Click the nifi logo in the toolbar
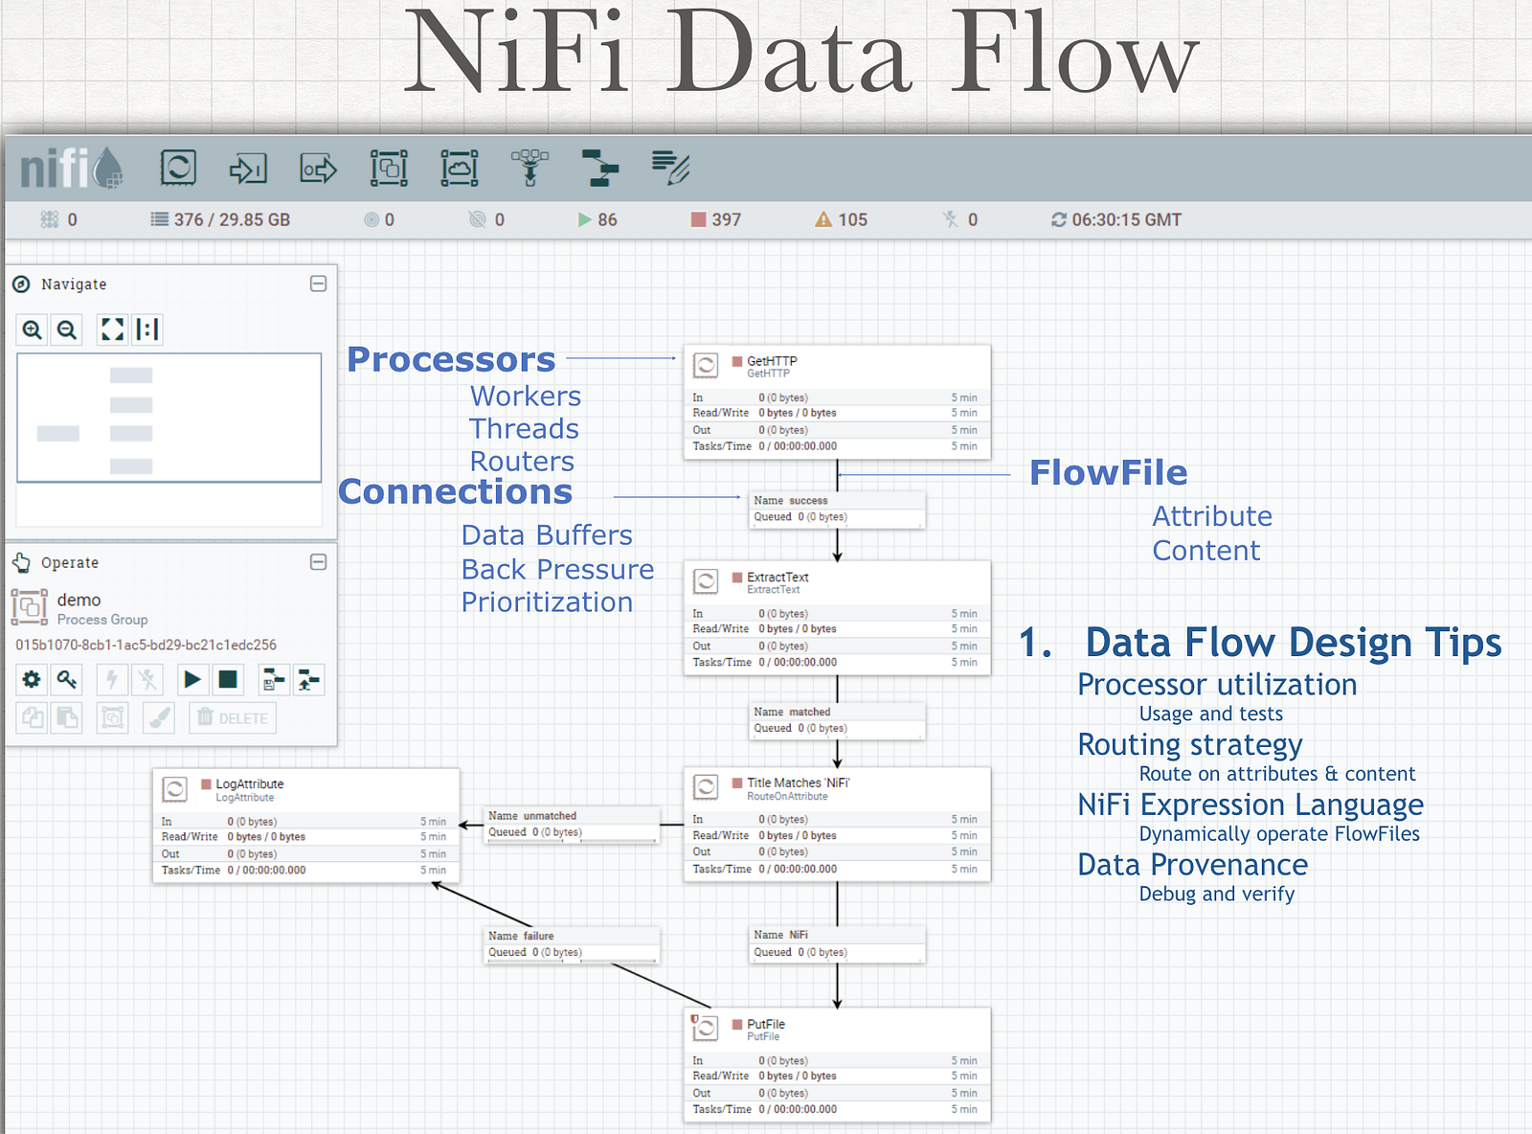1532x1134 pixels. (x=72, y=168)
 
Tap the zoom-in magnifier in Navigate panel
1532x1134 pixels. (x=32, y=329)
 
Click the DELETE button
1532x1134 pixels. (x=233, y=718)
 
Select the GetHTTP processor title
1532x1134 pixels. (x=772, y=361)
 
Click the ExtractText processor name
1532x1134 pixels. (x=777, y=577)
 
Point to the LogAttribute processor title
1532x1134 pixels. (x=249, y=783)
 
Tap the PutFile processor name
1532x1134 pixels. (x=765, y=1024)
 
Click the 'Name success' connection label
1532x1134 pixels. (x=790, y=500)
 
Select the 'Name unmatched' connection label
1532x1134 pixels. (x=531, y=815)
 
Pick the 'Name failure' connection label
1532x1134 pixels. (x=521, y=936)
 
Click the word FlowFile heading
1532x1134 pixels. (x=1108, y=473)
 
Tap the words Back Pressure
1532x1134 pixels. (x=557, y=570)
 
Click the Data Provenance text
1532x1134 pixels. (x=1193, y=865)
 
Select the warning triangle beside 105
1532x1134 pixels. (x=823, y=219)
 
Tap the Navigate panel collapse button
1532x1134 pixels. (x=319, y=284)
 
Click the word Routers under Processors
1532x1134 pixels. (x=522, y=461)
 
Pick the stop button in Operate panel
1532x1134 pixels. (x=228, y=679)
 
